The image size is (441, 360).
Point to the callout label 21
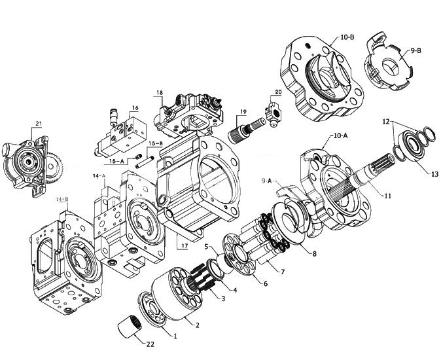coord(38,123)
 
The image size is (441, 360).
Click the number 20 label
coord(278,92)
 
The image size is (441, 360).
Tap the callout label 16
coord(135,108)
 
